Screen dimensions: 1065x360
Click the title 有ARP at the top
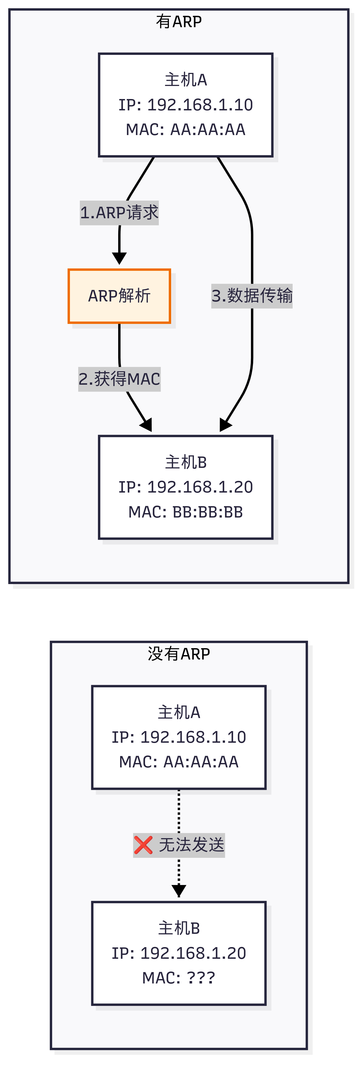coord(179,22)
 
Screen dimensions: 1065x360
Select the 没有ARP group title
coord(179,654)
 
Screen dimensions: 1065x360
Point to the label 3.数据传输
coord(252,296)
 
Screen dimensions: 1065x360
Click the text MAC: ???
coord(179,978)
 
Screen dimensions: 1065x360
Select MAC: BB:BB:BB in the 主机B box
coord(186,512)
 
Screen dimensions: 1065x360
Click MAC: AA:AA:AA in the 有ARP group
coord(186,130)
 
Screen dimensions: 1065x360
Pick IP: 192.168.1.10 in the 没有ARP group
coord(179,737)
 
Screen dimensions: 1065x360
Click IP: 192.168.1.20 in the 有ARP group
coord(186,487)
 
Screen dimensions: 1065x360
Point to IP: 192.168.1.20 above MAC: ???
coord(179,953)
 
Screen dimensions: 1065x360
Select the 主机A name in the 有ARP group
coord(186,80)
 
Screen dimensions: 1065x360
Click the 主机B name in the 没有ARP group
coord(179,928)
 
